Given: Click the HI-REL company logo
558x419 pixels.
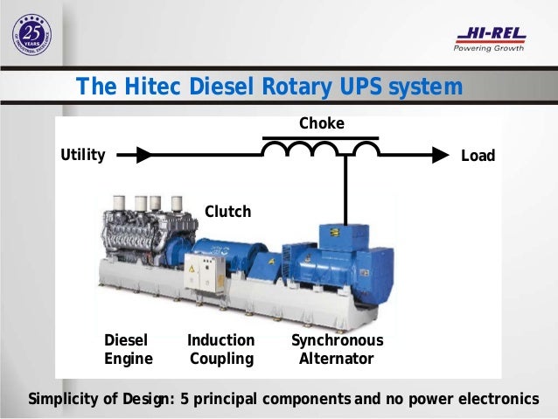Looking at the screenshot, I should tap(490, 35).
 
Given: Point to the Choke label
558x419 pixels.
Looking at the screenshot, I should tap(321, 123).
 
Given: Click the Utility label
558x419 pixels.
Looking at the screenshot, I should tap(82, 156).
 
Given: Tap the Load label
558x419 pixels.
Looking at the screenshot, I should tap(478, 156).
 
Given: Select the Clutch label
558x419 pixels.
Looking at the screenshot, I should tap(227, 212).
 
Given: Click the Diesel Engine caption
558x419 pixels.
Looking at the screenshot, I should tap(129, 349).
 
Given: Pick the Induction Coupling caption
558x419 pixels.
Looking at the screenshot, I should tap(220, 349).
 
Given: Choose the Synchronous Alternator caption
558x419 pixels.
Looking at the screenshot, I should tap(337, 349).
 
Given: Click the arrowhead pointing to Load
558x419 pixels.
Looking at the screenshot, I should tap(439, 156).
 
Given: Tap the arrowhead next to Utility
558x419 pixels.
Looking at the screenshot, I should tap(143, 156).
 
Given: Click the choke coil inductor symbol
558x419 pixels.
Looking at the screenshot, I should tap(321, 149).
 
